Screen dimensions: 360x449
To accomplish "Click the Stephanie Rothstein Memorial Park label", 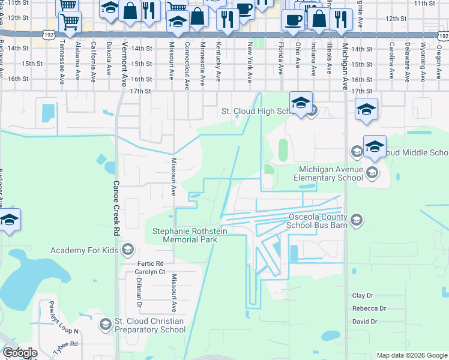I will pyautogui.click(x=184, y=235).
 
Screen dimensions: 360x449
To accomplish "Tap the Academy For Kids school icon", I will pyautogui.click(x=127, y=250).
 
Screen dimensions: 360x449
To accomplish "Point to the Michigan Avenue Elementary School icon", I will pyautogui.click(x=372, y=173).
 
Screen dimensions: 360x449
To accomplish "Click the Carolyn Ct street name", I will pyautogui.click(x=149, y=272).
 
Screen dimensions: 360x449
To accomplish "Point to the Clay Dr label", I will pyautogui.click(x=363, y=296).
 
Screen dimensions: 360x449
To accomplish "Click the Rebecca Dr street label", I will pyautogui.click(x=369, y=308).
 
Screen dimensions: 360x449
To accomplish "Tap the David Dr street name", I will pyautogui.click(x=365, y=322).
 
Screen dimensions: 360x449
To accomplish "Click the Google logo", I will pyautogui.click(x=20, y=353).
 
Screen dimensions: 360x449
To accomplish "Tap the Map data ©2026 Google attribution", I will pyautogui.click(x=412, y=355).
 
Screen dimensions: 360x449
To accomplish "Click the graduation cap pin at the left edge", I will pyautogui.click(x=9, y=220).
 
